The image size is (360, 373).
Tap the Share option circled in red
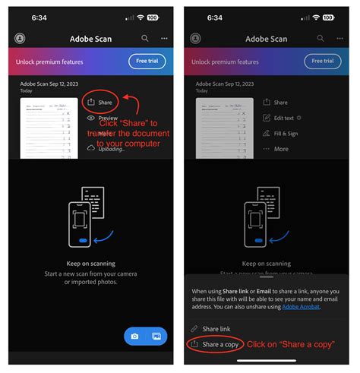pos(99,102)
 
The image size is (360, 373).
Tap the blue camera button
pos(134,336)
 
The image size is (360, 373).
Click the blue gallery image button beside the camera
pos(156,336)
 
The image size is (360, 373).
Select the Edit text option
pos(283,118)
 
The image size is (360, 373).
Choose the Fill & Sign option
pos(285,133)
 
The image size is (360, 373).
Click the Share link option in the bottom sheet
pos(216,328)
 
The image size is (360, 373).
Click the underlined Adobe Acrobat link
pos(301,306)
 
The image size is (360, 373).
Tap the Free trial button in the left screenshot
pos(147,61)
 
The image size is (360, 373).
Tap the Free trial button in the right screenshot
pos(322,61)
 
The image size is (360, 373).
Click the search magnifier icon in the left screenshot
pos(144,38)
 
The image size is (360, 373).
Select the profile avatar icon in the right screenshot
pos(195,38)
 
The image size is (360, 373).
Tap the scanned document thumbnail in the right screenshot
pos(224,128)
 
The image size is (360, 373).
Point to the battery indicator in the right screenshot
pos(327,17)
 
